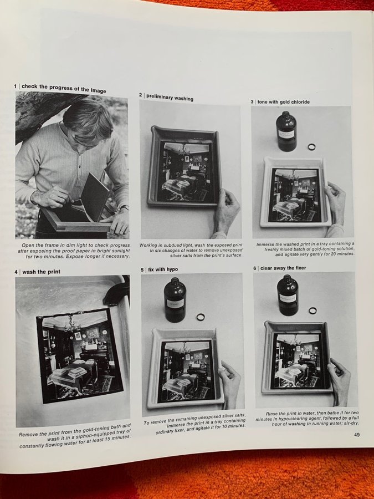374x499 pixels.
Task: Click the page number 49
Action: (x=357, y=434)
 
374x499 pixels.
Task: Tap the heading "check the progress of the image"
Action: (x=64, y=89)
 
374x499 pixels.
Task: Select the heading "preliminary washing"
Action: (x=170, y=98)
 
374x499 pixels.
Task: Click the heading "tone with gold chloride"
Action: (x=283, y=102)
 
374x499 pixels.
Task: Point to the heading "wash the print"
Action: (x=42, y=272)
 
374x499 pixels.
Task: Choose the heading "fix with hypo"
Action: (x=163, y=269)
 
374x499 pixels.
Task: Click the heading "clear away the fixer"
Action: (x=283, y=268)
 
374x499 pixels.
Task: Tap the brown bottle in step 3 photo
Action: (x=286, y=131)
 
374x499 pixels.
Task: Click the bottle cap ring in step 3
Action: (x=311, y=147)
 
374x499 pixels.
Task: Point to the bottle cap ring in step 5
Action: (x=201, y=317)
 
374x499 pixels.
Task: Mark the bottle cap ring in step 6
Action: (x=312, y=310)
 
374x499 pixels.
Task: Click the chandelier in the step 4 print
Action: (x=72, y=324)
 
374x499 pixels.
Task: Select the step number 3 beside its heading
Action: (x=252, y=102)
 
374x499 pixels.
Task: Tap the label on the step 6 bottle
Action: (x=287, y=298)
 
